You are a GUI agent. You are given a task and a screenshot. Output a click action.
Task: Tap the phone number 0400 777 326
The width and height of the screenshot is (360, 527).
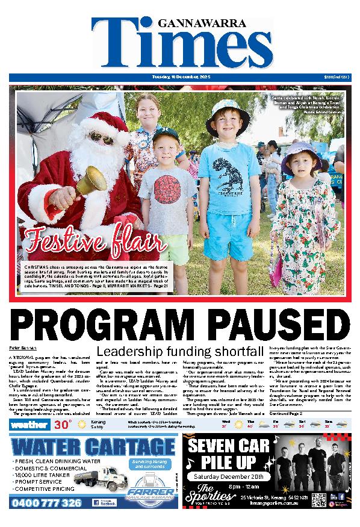coord(47,502)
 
